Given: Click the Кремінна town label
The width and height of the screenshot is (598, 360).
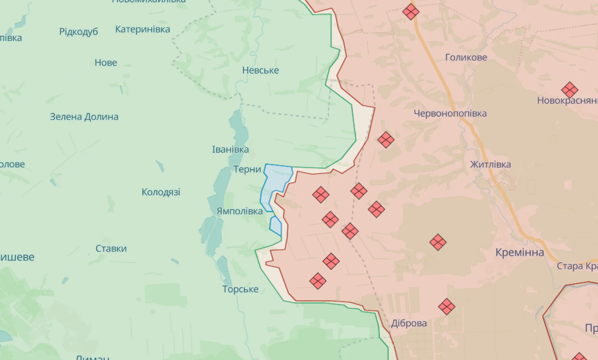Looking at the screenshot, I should (520, 252).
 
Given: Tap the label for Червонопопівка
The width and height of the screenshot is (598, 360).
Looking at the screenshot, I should (450, 113).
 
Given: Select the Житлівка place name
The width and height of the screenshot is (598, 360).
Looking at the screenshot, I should (490, 164).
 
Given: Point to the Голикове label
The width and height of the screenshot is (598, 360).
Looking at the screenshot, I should (466, 57).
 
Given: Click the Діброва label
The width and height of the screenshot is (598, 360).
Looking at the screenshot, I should (409, 323).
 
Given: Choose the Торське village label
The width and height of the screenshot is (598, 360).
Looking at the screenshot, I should (240, 289).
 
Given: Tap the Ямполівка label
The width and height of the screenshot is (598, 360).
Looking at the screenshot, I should (239, 211).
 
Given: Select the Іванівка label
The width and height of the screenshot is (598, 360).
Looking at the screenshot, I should (230, 149).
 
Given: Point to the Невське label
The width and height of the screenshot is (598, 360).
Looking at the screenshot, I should (260, 70).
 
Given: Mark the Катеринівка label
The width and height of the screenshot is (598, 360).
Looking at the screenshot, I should (142, 29).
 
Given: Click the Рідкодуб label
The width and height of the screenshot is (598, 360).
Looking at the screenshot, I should (78, 32).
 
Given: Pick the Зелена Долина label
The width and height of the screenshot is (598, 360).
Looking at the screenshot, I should (84, 116).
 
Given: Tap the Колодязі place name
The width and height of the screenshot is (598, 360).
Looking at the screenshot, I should (160, 192).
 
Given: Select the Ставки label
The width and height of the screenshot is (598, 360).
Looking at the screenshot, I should (111, 248).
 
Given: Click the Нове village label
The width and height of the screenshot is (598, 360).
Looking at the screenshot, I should (105, 63).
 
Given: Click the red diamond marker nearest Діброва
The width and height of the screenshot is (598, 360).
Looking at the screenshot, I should (447, 306).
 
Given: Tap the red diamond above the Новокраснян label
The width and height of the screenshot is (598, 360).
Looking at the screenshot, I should (569, 90).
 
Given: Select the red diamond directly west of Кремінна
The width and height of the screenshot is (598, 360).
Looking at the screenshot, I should (438, 241).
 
